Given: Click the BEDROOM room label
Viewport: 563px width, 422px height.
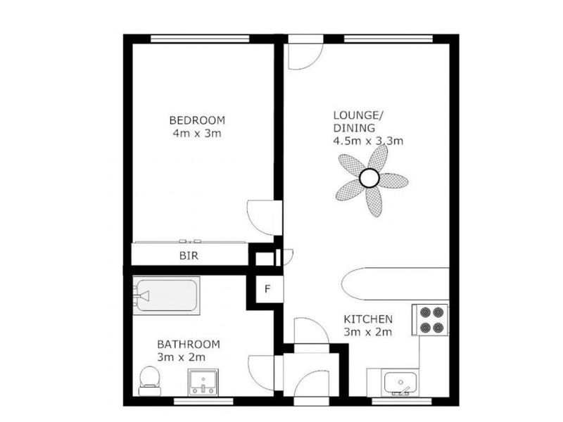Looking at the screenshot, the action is click(197, 120).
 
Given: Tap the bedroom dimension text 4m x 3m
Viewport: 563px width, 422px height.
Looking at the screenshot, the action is click(197, 134).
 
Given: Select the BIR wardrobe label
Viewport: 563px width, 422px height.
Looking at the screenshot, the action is click(189, 256).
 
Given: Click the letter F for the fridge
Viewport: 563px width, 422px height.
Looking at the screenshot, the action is click(267, 289).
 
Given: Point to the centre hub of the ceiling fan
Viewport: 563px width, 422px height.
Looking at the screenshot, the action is click(369, 178).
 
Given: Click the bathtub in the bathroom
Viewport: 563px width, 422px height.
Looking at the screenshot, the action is click(166, 295).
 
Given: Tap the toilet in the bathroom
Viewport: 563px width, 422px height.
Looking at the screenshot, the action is click(149, 381).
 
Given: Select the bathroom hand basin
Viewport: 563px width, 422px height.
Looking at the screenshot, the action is click(203, 383).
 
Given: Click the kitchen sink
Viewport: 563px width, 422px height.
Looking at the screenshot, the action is click(400, 383).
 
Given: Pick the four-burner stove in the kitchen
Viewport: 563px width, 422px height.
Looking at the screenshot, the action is click(430, 320).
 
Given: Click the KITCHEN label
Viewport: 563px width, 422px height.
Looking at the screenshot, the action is click(368, 319).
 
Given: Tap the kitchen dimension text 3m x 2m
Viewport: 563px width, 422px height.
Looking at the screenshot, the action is click(367, 332).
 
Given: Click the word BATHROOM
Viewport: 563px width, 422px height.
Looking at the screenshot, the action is click(189, 345).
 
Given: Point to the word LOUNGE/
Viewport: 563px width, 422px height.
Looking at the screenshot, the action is click(358, 115).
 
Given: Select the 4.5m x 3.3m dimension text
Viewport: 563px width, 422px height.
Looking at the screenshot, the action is click(368, 141).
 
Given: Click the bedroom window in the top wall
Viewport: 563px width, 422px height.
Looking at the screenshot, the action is click(200, 39).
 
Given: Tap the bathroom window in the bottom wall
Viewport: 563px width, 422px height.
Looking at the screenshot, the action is click(203, 401).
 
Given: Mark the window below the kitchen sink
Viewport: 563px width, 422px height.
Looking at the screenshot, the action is click(401, 401).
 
